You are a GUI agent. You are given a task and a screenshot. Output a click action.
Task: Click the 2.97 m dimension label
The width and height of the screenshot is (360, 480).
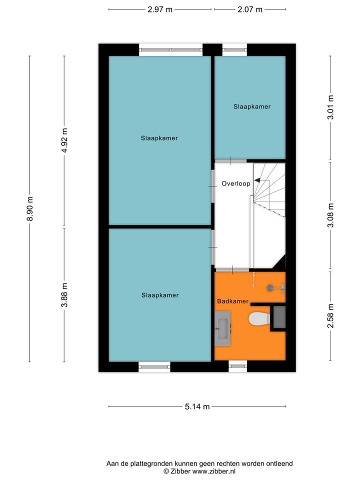coord(160,9)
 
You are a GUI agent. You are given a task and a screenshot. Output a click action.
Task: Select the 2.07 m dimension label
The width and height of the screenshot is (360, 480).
coord(250,9)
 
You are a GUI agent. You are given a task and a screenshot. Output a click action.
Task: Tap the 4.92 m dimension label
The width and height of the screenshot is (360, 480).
coord(64,140)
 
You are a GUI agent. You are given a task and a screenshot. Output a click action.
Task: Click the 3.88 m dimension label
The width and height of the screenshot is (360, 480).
coord(64,294)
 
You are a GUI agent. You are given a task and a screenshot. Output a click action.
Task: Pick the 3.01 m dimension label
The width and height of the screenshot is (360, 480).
coord(330,107)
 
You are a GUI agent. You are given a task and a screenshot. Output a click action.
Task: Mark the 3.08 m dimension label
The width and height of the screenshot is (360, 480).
coord(330,215)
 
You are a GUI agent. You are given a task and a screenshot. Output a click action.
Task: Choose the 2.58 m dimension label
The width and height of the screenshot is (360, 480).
coord(330,315)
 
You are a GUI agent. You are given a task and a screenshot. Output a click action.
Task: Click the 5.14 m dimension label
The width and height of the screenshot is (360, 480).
coord(197,406)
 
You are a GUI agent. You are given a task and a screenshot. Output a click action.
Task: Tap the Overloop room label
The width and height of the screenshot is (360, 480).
coord(235,183)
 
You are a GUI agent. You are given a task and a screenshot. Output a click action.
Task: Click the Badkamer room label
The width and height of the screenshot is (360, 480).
coord(232,301)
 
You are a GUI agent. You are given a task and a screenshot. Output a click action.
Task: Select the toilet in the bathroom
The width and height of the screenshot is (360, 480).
coord(258,318)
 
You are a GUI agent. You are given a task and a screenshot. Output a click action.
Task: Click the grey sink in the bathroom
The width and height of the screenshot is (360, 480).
coord(222,328)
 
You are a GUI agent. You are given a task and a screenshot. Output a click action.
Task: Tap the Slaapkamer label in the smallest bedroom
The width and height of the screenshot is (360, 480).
coord(252,106)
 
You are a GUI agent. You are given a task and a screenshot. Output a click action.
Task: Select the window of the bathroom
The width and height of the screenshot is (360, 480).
coord(238,366)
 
